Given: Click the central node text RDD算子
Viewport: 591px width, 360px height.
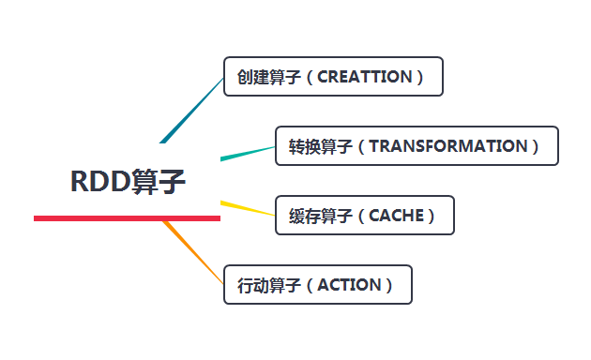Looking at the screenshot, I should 128,181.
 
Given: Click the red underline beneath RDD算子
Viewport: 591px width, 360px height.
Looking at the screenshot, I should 127,218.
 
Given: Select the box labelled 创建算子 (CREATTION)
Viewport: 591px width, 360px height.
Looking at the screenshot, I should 333,77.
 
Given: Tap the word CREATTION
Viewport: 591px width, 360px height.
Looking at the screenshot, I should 365,77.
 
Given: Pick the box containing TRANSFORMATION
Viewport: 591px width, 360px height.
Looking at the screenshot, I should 417,146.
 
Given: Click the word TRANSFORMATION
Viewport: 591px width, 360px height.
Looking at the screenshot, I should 448,146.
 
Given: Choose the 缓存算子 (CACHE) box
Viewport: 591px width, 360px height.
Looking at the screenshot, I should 365,216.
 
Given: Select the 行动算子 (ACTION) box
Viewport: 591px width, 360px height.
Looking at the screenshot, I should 318,285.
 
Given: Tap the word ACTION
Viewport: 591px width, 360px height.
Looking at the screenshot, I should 350,285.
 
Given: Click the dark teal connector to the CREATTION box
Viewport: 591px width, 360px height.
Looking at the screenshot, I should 192,110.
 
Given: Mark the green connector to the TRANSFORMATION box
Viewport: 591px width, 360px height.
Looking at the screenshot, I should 248,153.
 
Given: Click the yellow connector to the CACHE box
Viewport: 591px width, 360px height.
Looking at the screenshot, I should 248,208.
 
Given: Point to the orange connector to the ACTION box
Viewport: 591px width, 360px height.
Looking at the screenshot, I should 194,251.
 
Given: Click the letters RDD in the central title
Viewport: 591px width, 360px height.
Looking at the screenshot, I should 99,181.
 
